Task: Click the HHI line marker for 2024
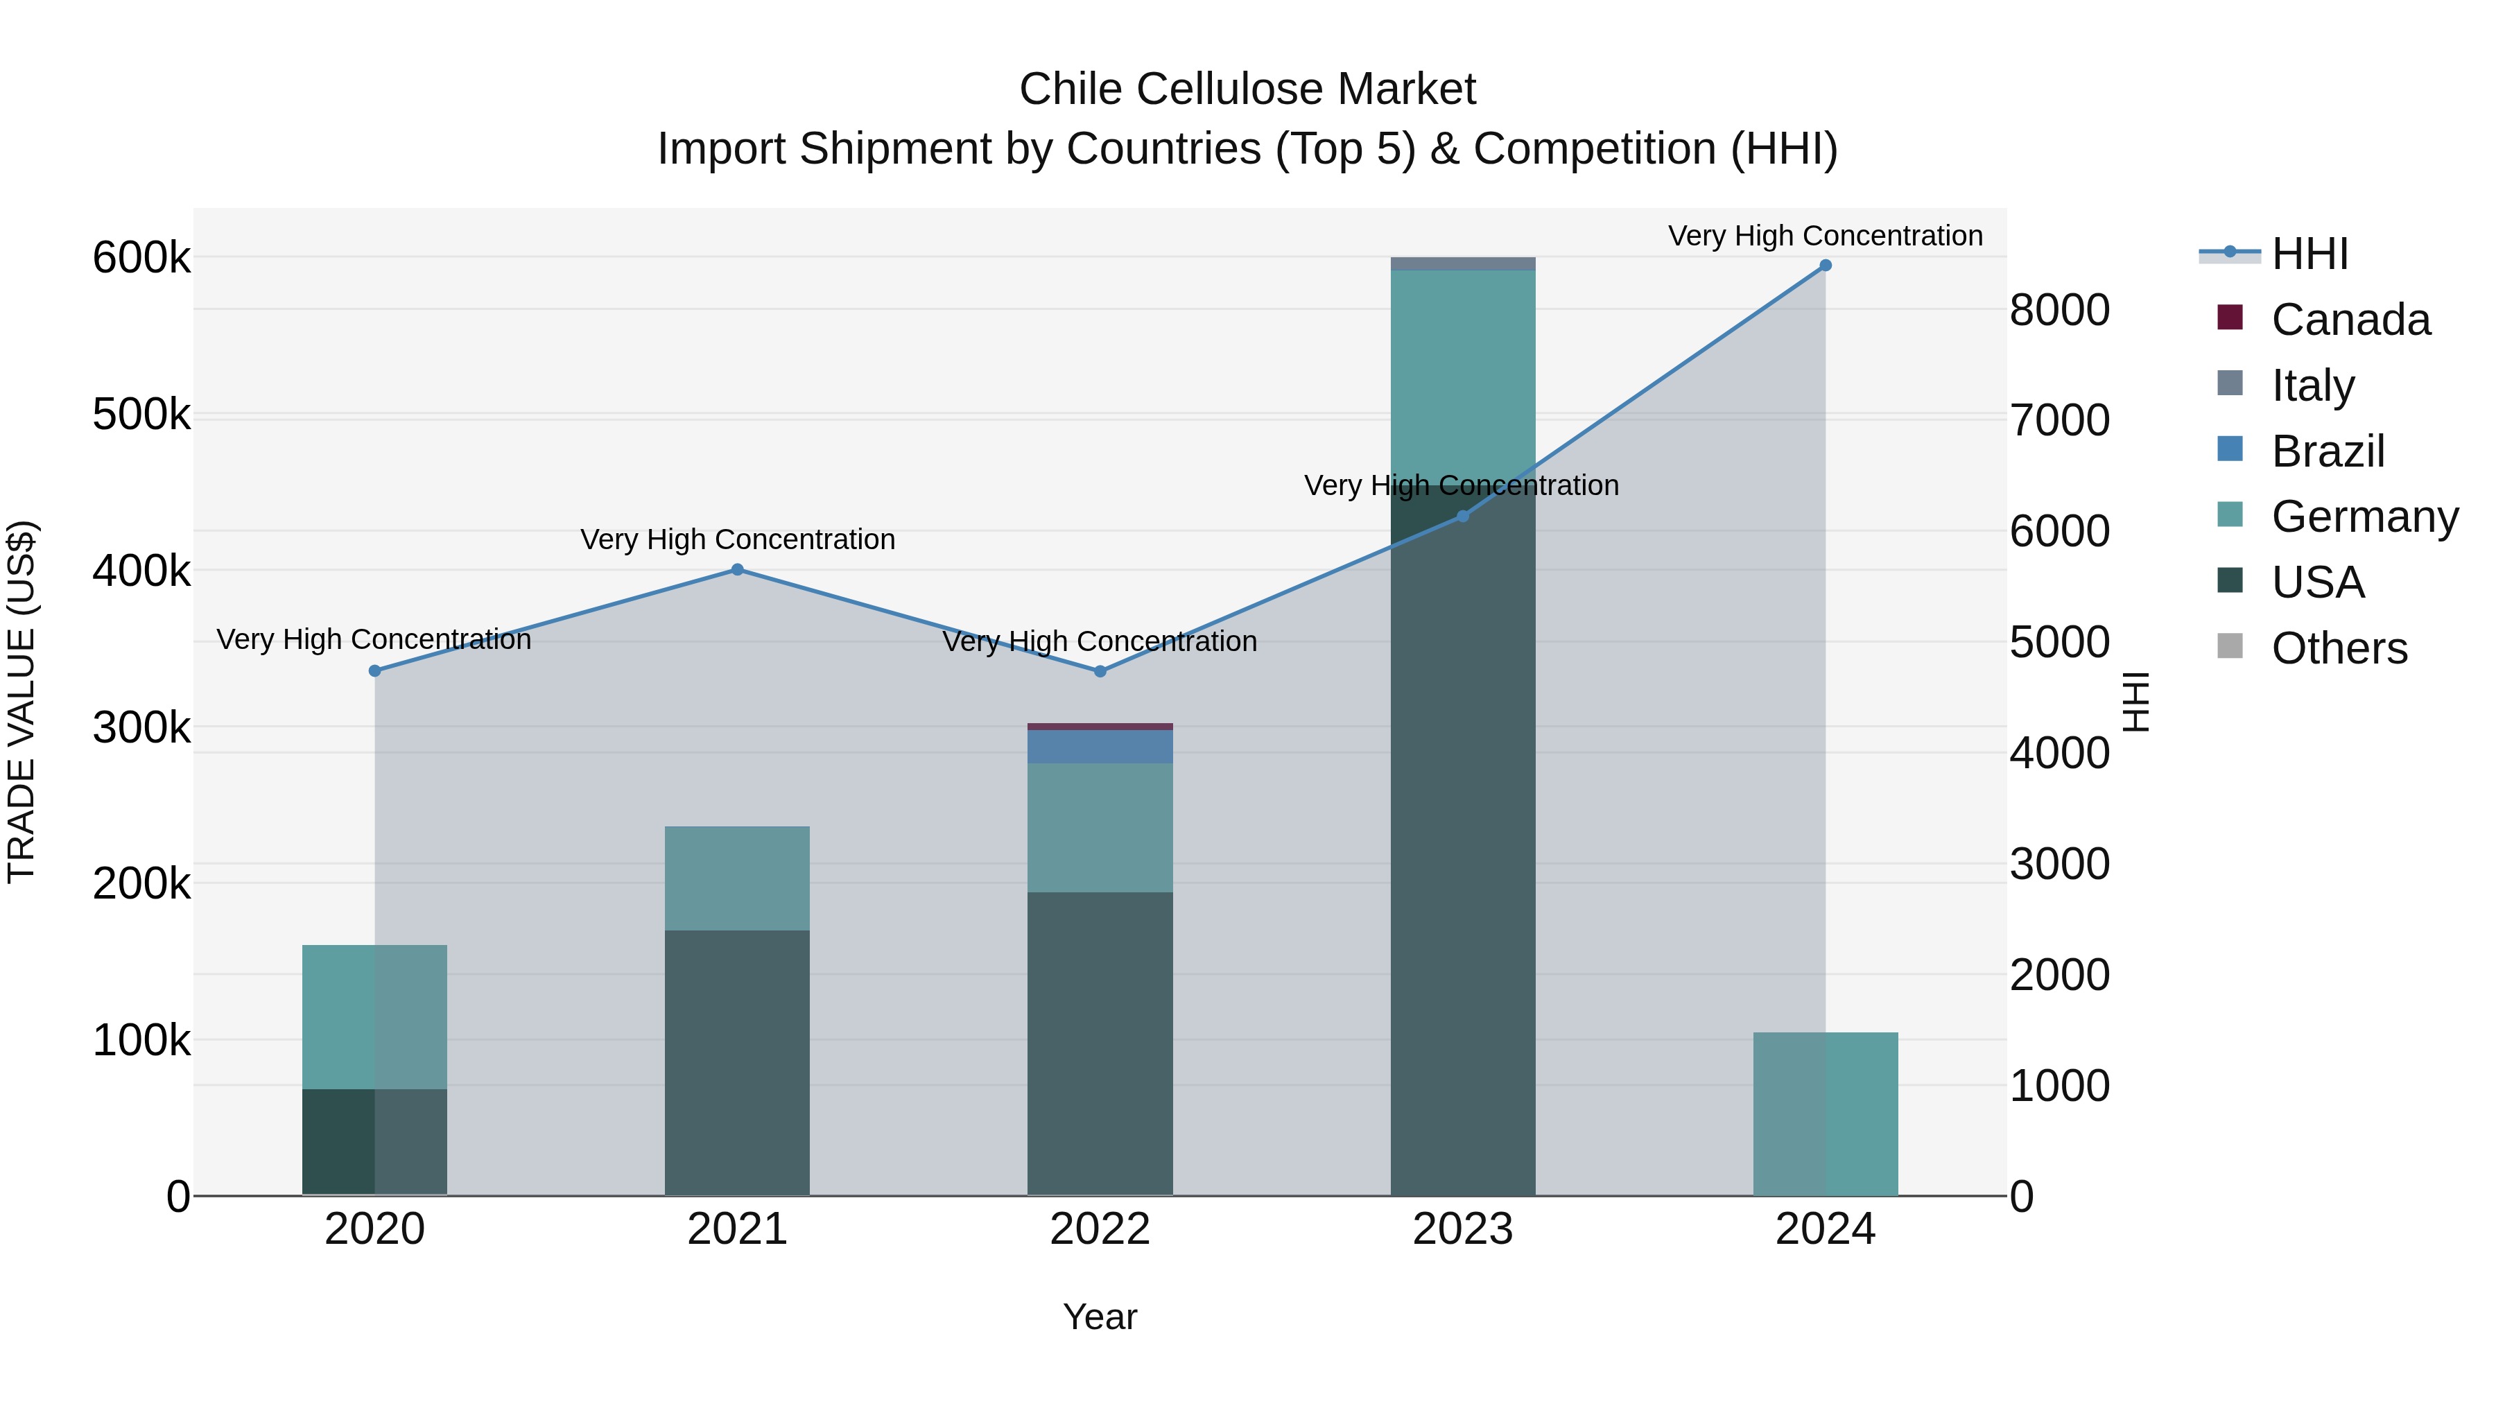click(1826, 266)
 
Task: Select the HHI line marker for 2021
click(738, 570)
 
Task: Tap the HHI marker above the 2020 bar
click(375, 670)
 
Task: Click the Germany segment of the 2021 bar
click(738, 878)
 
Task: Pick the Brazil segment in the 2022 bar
click(1100, 746)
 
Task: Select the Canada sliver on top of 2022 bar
click(1100, 726)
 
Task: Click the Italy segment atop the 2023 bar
click(1462, 263)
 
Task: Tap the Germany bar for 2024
click(1826, 1113)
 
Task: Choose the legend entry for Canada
click(2350, 320)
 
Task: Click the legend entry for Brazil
click(2328, 451)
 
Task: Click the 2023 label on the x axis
click(1462, 1229)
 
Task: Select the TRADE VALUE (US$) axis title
click(21, 702)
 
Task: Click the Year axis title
click(1100, 1317)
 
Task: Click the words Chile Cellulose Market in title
click(1247, 89)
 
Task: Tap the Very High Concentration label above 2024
click(1826, 236)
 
